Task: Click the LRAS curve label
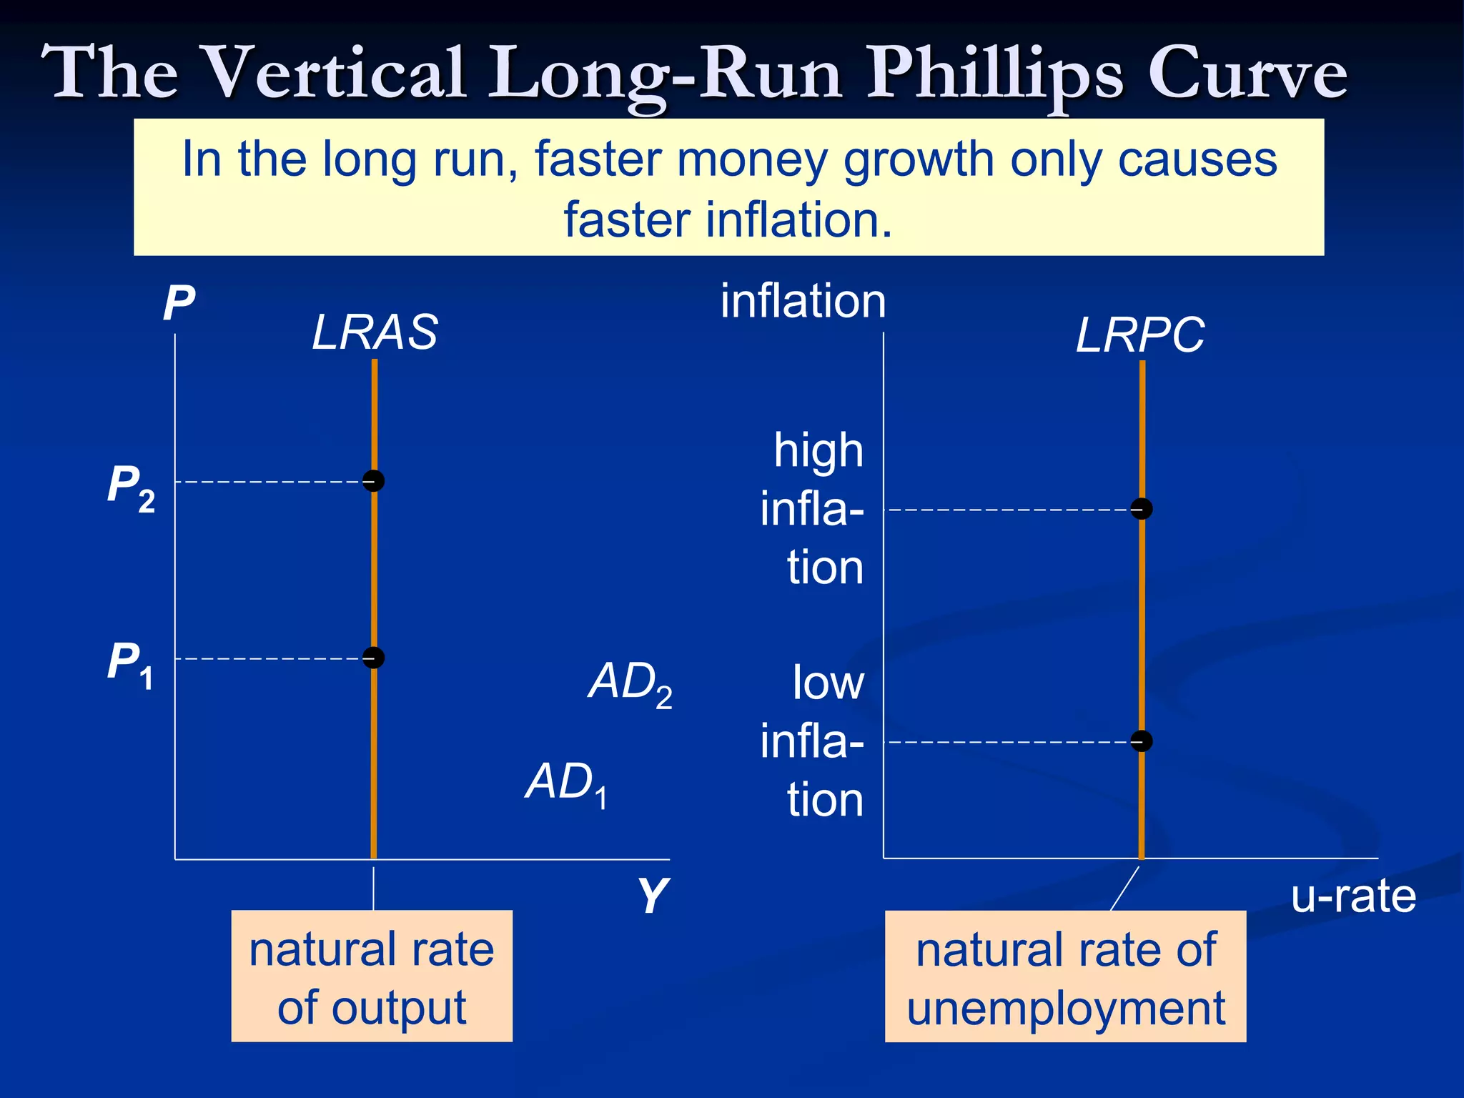(x=375, y=332)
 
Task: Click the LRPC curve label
(x=1139, y=335)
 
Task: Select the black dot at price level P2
(x=373, y=480)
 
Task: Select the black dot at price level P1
(x=373, y=657)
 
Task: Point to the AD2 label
(x=630, y=683)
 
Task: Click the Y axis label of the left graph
(x=652, y=895)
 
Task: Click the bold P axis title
(x=179, y=303)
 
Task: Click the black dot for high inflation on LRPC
(x=1142, y=508)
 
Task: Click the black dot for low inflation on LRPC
(x=1142, y=741)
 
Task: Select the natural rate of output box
(x=372, y=976)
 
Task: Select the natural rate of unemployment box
(x=1065, y=976)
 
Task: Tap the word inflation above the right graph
(x=803, y=301)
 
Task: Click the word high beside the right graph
(x=818, y=450)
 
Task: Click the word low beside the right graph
(x=828, y=683)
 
